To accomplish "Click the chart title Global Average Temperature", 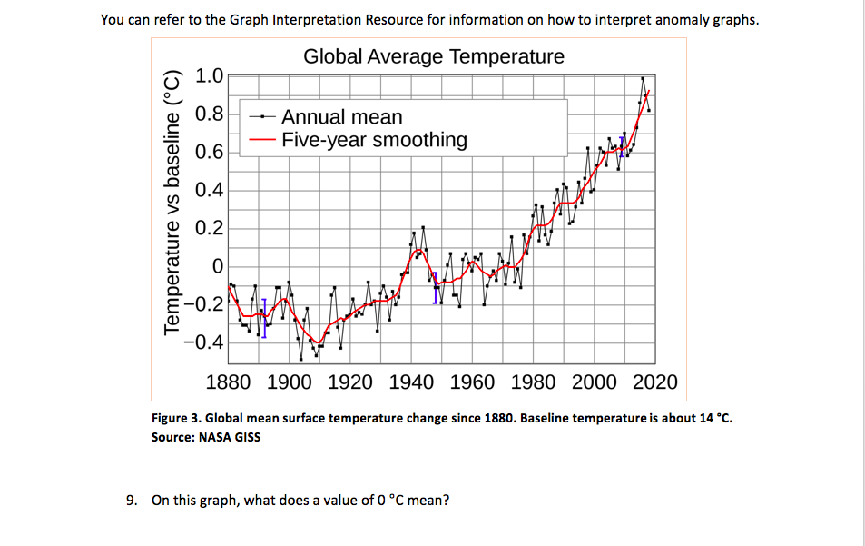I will click(x=434, y=56).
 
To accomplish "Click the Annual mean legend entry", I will click(x=341, y=117).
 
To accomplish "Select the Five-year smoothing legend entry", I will click(x=374, y=140).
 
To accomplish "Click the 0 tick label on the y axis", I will click(x=217, y=266).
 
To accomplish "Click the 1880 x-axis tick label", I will click(x=229, y=382).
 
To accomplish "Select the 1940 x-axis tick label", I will click(x=411, y=382).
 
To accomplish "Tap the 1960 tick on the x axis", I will click(x=472, y=382).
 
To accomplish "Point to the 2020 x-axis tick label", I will click(x=654, y=382).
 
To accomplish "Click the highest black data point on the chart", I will click(x=643, y=78).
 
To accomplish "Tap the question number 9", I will click(x=132, y=500).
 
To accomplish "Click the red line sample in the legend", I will click(x=262, y=140).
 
